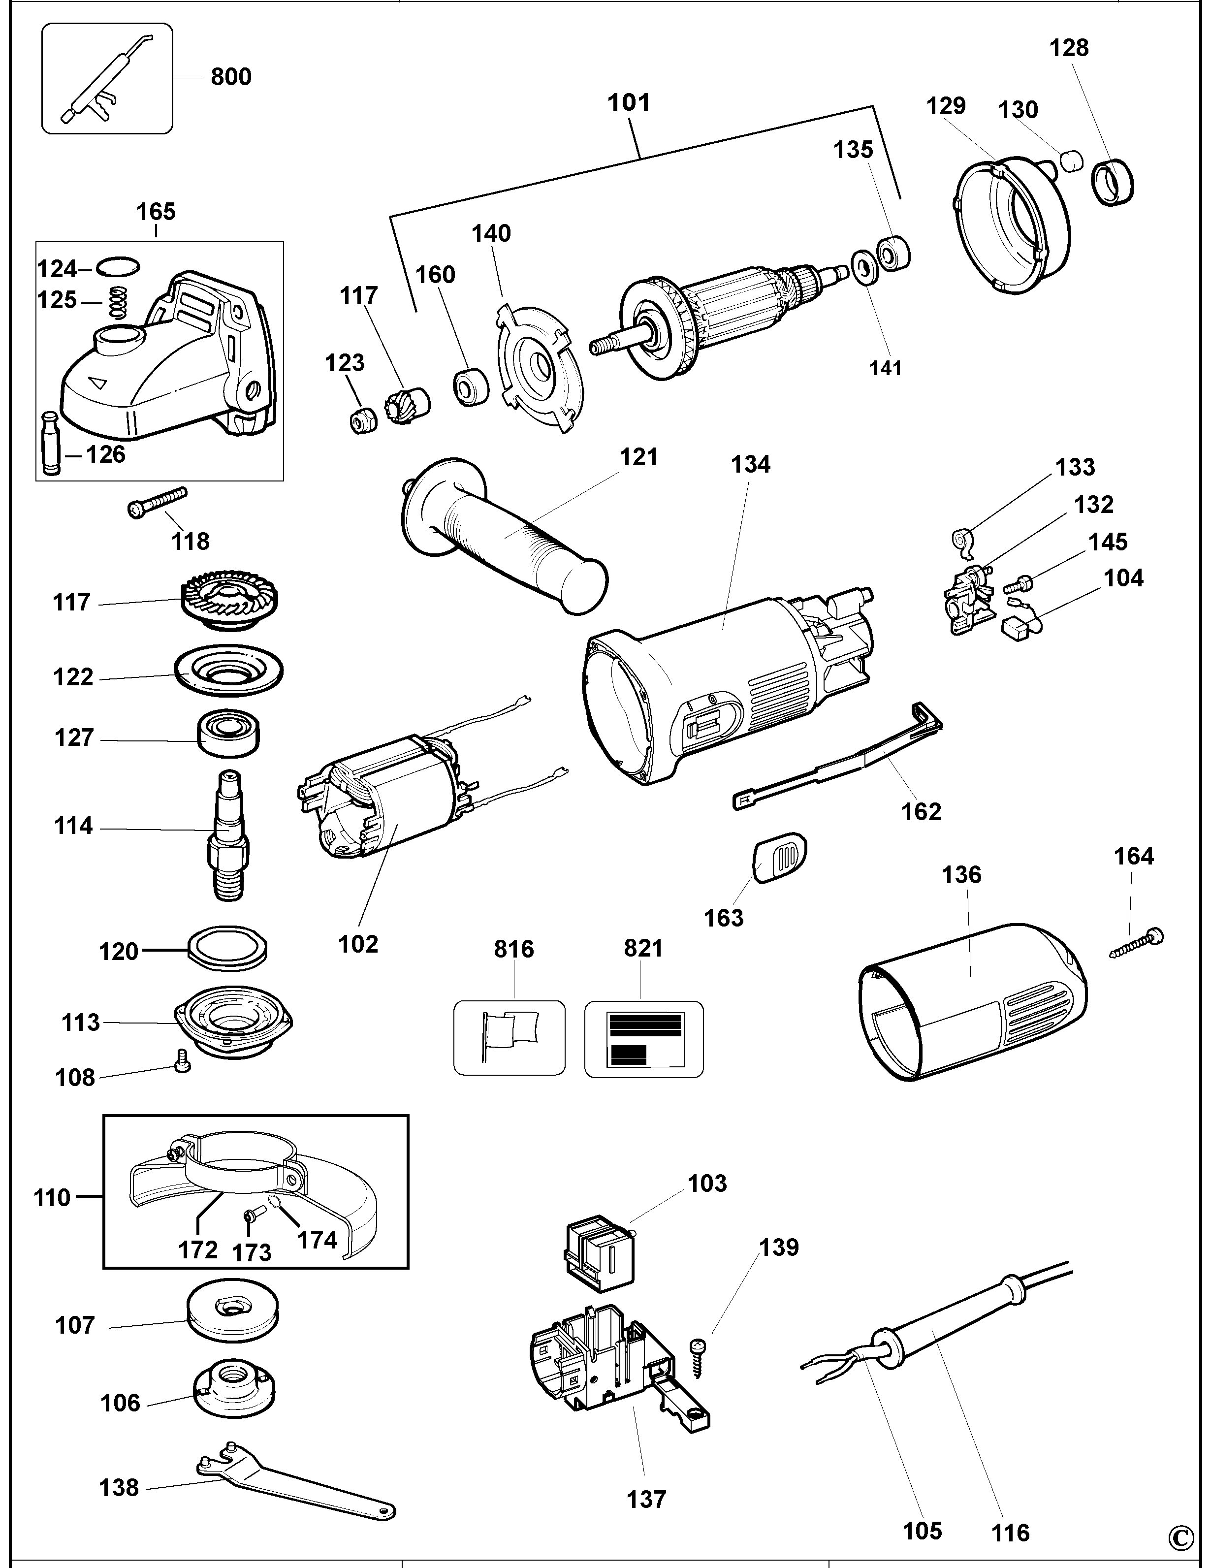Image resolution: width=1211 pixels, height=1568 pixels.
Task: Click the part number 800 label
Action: pyautogui.click(x=231, y=77)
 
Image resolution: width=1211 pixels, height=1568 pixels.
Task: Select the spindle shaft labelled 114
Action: pyautogui.click(x=229, y=833)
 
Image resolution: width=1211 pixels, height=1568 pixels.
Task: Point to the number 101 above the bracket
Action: pyautogui.click(x=629, y=103)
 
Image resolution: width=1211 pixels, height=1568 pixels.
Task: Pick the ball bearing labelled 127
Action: pyautogui.click(x=229, y=734)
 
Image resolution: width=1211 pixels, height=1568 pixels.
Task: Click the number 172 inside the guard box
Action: pyautogui.click(x=197, y=1250)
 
